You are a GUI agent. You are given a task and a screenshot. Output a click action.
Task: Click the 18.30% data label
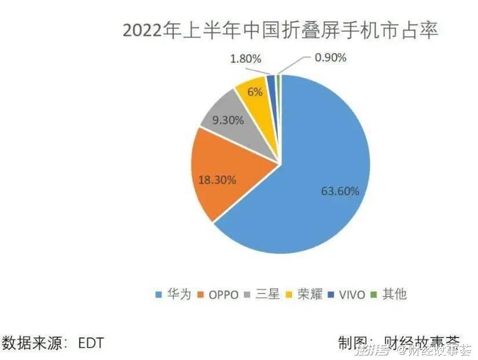pyautogui.click(x=218, y=180)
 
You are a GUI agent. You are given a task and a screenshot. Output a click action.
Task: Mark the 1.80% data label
pyautogui.click(x=246, y=59)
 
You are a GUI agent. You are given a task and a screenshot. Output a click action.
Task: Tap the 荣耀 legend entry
pyautogui.click(x=306, y=294)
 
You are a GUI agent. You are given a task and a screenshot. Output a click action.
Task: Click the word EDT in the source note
pyautogui.click(x=91, y=343)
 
